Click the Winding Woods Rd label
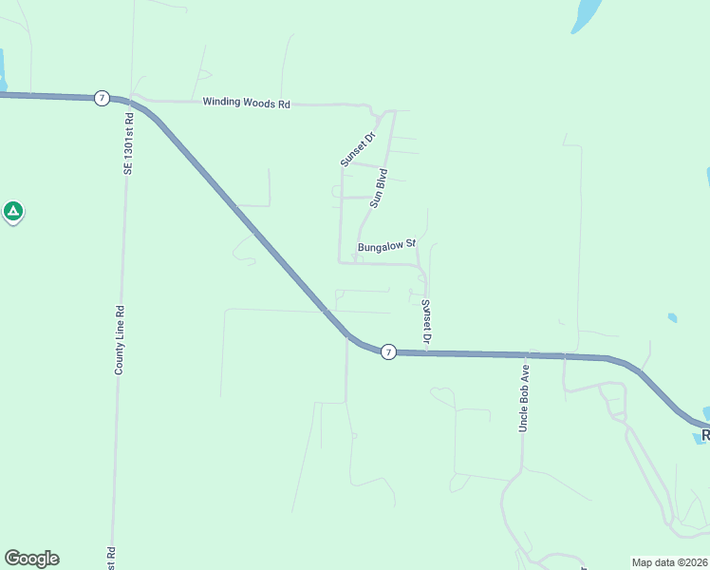[246, 104]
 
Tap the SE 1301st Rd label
[128, 142]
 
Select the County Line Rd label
[120, 339]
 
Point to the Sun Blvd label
[379, 188]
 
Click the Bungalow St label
[387, 246]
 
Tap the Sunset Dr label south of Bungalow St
[426, 321]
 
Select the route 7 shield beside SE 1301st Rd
[102, 98]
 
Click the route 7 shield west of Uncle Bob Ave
[387, 352]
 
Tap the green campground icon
[13, 211]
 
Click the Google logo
[31, 559]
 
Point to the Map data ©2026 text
[670, 562]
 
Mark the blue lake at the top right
[586, 14]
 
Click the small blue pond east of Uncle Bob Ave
[672, 317]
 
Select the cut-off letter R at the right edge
[705, 435]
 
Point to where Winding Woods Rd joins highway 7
[138, 100]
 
